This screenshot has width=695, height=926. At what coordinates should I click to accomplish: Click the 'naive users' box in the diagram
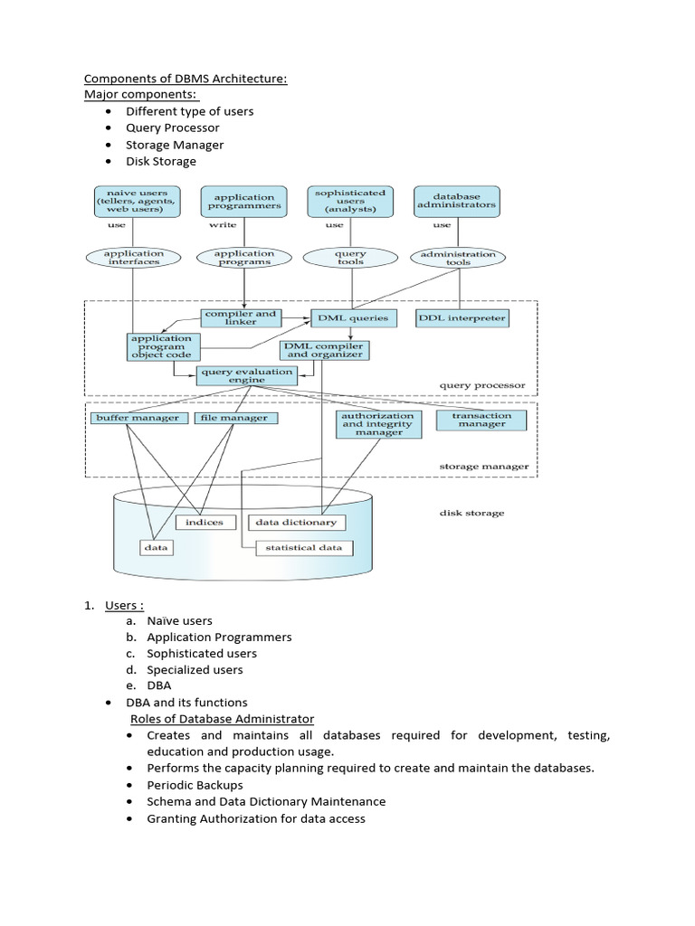tap(134, 202)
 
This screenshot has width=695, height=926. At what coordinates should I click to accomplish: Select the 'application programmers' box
tap(244, 202)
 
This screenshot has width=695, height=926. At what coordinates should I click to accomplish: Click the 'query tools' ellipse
tap(350, 259)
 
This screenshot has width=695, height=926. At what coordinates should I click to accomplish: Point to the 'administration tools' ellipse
tap(459, 259)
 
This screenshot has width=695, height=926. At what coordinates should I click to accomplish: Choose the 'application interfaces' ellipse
tap(134, 259)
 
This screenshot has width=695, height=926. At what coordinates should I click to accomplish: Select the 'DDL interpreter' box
tap(462, 318)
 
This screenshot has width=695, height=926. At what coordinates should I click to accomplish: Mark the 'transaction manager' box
tap(482, 420)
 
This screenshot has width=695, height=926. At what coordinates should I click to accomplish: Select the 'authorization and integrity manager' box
tap(377, 424)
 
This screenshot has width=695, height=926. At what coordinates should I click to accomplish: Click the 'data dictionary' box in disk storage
tap(296, 522)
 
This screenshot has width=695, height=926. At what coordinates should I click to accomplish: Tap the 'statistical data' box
tap(304, 548)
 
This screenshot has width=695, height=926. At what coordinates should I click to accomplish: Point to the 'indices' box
tap(205, 523)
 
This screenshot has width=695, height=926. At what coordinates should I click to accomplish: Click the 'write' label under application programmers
tap(223, 225)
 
